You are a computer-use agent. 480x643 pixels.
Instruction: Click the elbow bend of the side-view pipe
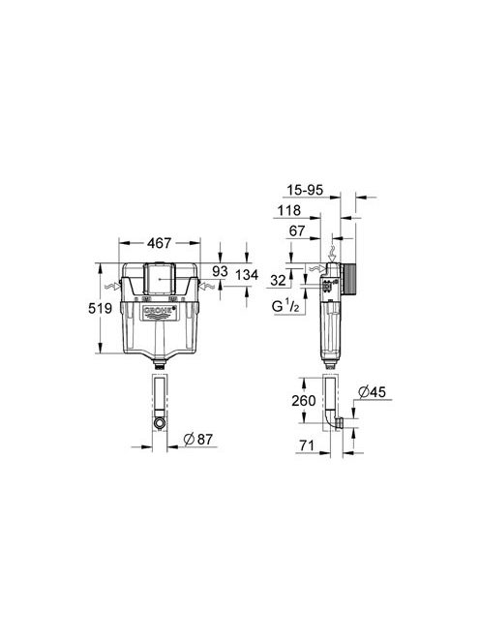[x=339, y=424]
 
